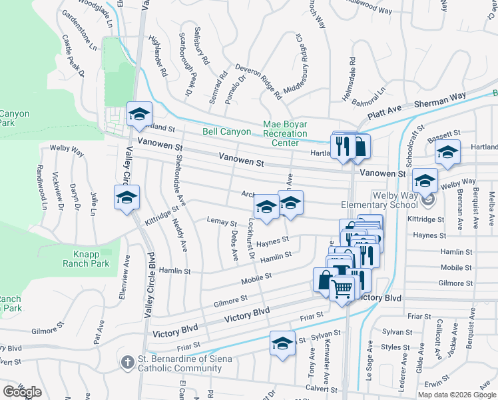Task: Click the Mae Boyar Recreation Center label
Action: coord(285,133)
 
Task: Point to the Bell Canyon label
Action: coord(226,132)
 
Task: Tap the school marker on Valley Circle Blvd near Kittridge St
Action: coord(126,198)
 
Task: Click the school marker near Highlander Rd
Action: coord(139,114)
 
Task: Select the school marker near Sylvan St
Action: coord(282,344)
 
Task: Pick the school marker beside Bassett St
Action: coord(447,153)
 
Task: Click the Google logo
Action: coord(23,392)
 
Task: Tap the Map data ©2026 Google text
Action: coord(457,395)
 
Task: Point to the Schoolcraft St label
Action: coord(413,145)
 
